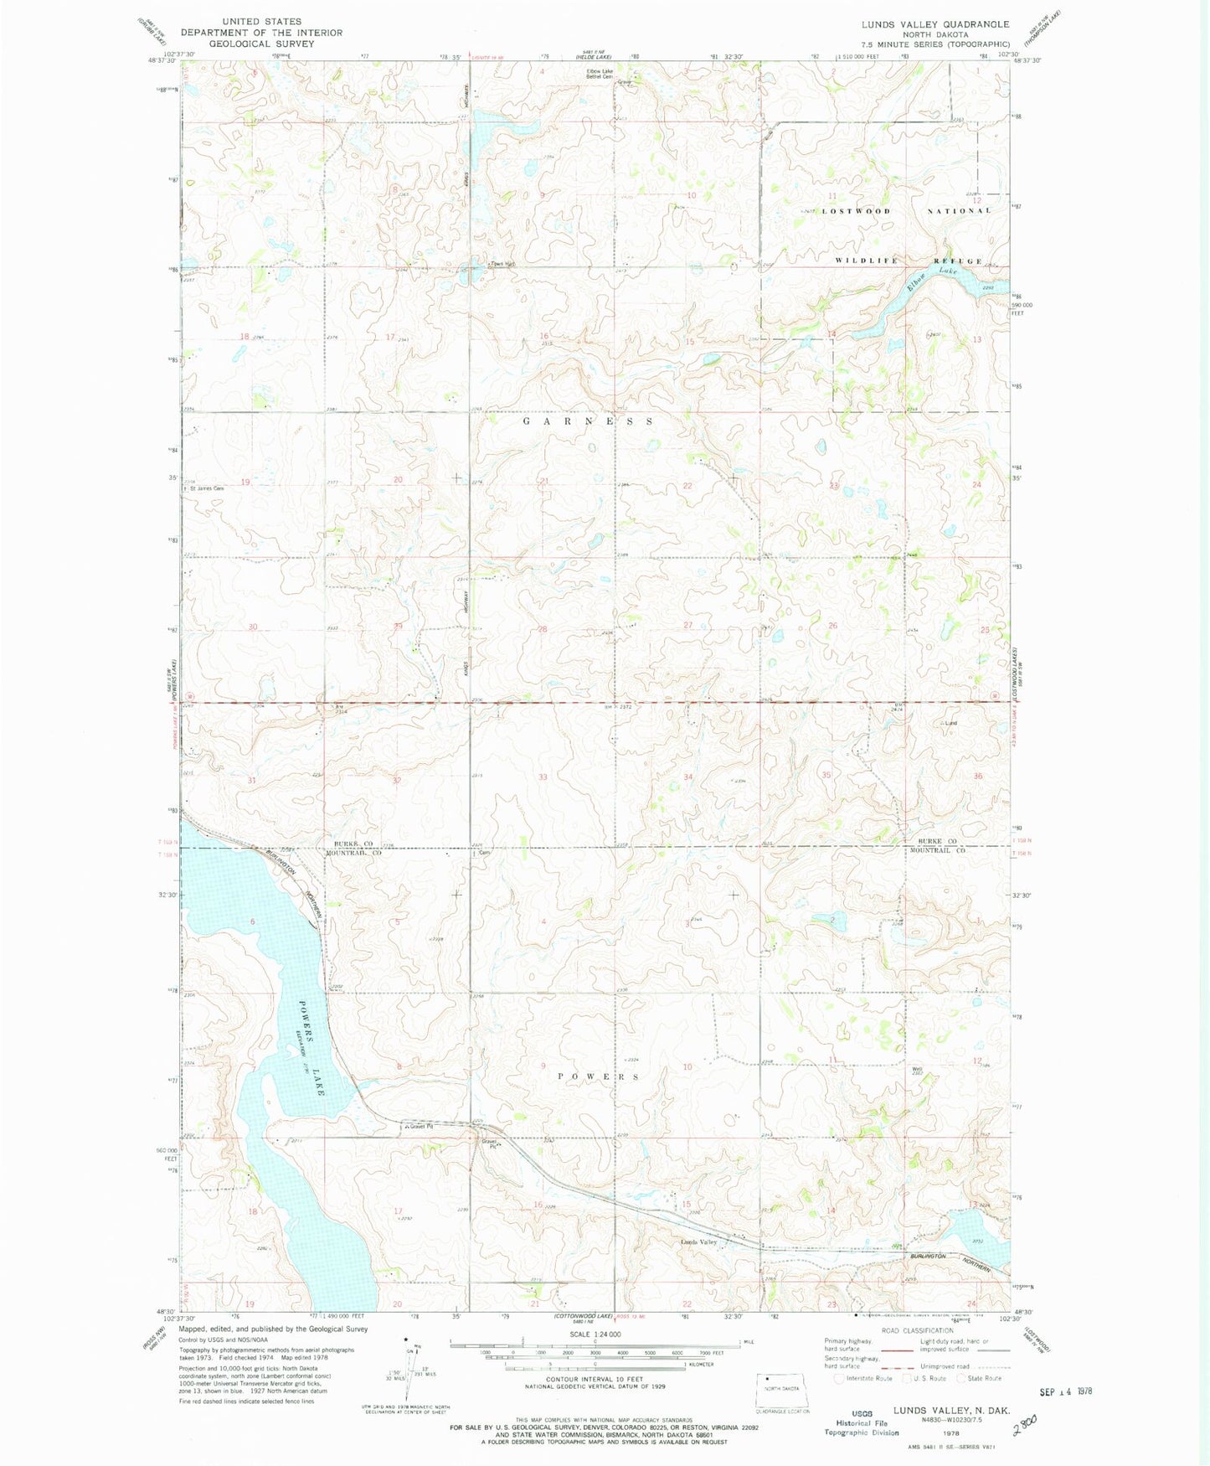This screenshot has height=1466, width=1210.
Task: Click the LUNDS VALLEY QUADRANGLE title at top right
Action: pos(935,24)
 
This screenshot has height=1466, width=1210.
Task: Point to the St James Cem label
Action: pos(207,488)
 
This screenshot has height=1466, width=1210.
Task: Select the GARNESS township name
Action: pos(588,421)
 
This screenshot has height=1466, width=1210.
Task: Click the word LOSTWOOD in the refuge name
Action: pos(856,211)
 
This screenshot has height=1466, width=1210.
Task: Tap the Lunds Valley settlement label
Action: pos(698,1242)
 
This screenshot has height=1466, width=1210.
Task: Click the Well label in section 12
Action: pos(917,1068)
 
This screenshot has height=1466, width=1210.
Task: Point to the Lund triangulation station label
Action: pos(950,723)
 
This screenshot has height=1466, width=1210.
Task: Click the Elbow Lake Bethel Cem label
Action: pos(599,74)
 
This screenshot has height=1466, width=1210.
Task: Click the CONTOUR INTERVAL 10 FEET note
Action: pos(595,1379)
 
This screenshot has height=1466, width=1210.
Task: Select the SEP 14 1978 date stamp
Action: pos(1065,1391)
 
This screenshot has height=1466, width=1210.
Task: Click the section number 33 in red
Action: pos(543,777)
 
